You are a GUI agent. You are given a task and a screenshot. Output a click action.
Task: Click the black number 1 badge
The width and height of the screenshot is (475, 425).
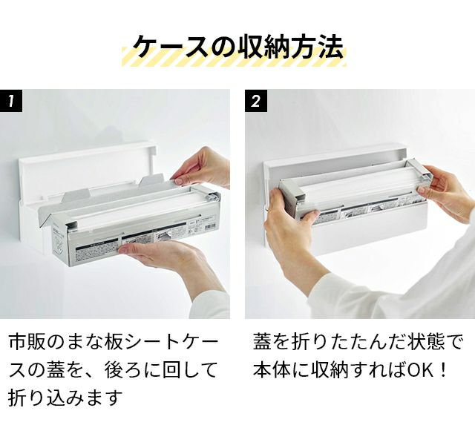(x=11, y=100)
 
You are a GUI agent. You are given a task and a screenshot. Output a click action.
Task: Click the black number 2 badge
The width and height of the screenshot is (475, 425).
(x=255, y=100)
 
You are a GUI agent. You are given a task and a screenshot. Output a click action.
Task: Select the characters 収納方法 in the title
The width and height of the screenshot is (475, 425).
(x=290, y=47)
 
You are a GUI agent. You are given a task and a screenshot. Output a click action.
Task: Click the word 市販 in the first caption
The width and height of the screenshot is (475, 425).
(x=26, y=342)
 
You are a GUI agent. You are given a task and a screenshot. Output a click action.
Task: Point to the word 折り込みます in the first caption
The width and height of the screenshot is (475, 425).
(x=65, y=397)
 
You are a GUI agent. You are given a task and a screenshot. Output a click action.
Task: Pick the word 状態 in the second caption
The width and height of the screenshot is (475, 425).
(x=425, y=342)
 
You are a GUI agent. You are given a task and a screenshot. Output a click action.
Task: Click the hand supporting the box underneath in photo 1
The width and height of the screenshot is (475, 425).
(x=170, y=260)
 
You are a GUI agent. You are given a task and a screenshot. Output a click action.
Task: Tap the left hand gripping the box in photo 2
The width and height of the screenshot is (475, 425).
(x=291, y=230)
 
